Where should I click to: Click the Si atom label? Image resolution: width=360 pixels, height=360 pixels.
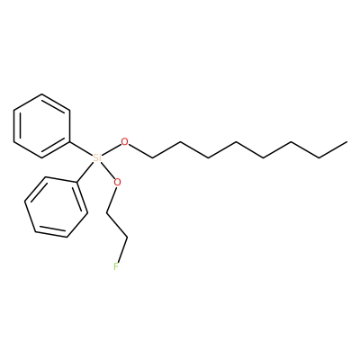[x=97, y=157]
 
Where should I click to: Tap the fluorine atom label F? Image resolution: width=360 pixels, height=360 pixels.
[x=116, y=266]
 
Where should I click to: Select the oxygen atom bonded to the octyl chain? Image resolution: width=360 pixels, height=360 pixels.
[x=124, y=141]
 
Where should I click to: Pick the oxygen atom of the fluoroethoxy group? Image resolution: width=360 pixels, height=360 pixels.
[x=117, y=182]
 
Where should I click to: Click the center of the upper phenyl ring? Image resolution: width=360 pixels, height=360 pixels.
[x=41, y=126]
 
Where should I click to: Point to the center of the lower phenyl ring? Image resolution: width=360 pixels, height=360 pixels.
[x=56, y=207]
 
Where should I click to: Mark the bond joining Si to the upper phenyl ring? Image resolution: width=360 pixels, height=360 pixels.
[x=81, y=148]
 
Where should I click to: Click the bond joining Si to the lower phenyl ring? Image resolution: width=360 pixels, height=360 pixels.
[x=85, y=172]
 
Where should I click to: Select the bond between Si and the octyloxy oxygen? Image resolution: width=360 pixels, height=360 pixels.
[x=112, y=149]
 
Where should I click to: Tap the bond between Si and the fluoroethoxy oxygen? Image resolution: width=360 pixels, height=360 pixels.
[x=108, y=170]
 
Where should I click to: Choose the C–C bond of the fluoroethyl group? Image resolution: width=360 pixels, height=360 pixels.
[x=117, y=226]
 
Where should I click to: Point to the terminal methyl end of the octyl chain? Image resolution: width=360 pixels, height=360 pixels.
[x=347, y=141]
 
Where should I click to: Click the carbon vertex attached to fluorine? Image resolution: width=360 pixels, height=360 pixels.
[x=128, y=238]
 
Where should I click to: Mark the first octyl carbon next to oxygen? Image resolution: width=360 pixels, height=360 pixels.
[x=153, y=157]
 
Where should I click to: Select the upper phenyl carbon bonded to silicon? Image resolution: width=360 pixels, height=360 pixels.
[x=70, y=141]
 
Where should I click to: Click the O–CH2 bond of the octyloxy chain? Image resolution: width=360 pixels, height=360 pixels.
[x=140, y=151]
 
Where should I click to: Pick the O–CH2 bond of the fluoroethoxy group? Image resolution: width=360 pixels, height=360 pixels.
[x=111, y=200]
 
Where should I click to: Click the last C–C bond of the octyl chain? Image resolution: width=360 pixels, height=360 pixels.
[x=333, y=149]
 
